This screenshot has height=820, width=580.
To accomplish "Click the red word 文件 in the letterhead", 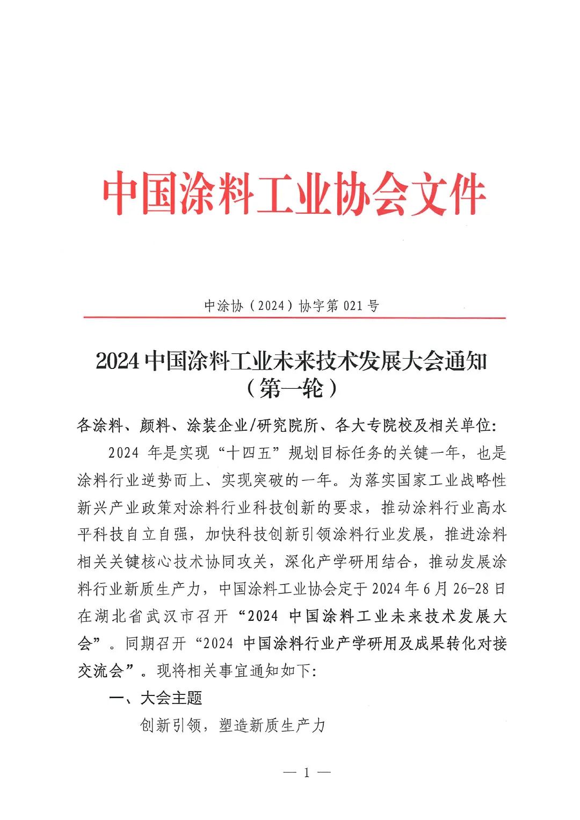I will click(x=448, y=193).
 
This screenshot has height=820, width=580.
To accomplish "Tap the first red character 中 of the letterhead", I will click(x=122, y=193).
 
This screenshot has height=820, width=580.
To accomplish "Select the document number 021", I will click(x=353, y=306).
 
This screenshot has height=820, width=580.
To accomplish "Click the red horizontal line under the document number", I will click(x=294, y=318).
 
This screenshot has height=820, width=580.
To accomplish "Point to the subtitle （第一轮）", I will click(x=291, y=388).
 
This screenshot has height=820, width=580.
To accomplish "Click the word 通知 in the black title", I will click(x=465, y=361).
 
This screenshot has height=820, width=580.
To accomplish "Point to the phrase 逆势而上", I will click(x=172, y=480).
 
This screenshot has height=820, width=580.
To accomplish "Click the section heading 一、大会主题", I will click(x=156, y=698).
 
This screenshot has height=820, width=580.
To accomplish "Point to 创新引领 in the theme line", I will click(x=170, y=725).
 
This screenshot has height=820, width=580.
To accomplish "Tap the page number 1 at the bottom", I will click(x=307, y=773).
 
